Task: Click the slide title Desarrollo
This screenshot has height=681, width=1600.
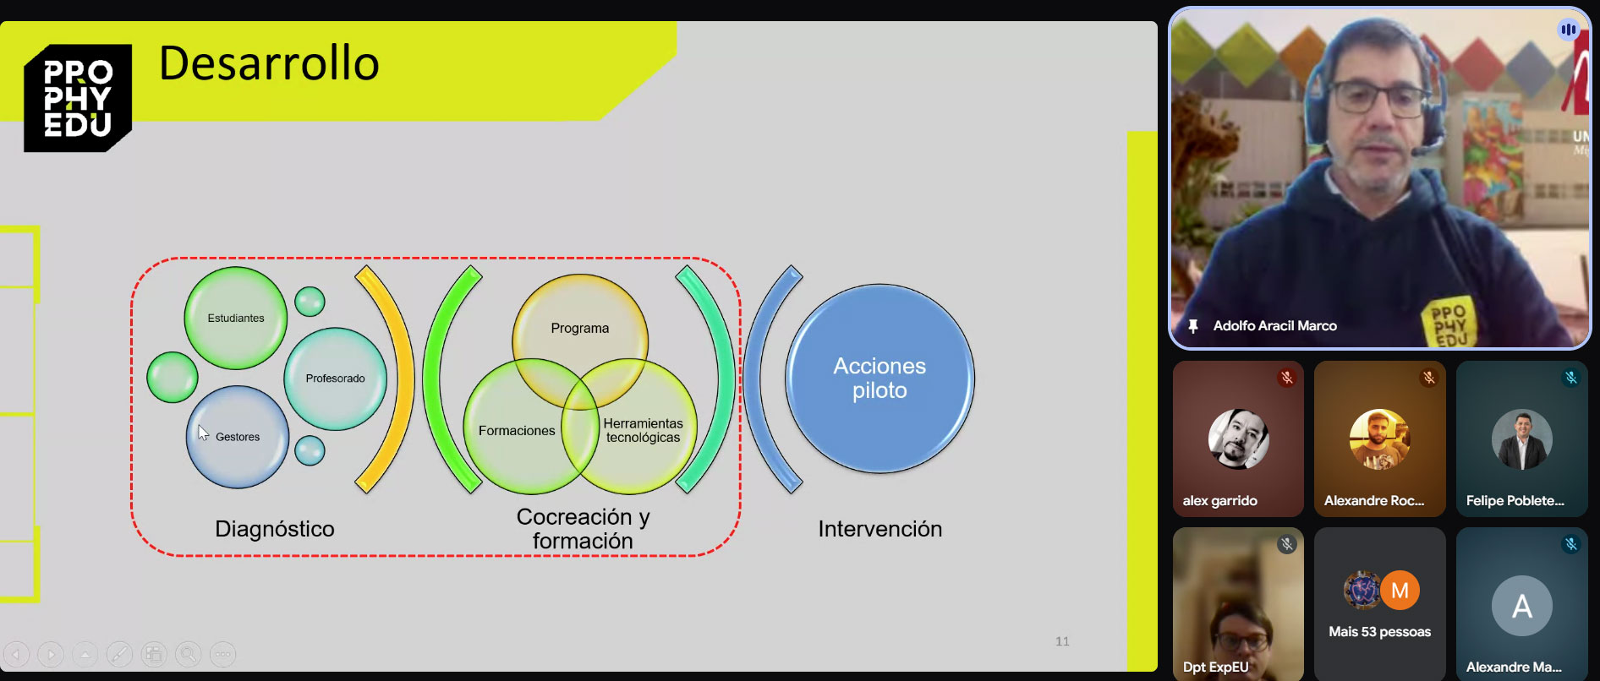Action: [269, 63]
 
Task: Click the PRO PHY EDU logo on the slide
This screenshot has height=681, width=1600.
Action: [78, 98]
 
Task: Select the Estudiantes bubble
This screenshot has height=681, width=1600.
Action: [236, 319]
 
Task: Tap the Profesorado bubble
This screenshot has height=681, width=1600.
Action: [335, 379]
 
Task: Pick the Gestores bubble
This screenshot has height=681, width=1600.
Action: [238, 437]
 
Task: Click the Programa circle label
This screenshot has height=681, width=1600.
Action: [580, 328]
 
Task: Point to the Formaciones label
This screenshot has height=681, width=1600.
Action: [517, 431]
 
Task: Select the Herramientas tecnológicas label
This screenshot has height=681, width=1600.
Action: [643, 430]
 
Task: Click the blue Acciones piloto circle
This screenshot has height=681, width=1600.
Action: [879, 379]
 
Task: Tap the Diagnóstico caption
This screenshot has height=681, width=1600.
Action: [275, 529]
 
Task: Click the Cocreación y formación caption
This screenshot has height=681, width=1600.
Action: [583, 529]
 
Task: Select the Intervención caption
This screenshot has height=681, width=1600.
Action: [879, 529]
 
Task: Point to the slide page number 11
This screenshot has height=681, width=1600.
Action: [1062, 641]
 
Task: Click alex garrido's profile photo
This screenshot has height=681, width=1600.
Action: [1238, 439]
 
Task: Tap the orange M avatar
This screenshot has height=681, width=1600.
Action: [1400, 591]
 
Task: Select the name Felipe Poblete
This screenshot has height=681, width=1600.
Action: [1515, 501]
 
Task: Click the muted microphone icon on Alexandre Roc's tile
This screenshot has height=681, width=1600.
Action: [1428, 378]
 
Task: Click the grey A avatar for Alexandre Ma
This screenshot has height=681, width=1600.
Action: [1521, 606]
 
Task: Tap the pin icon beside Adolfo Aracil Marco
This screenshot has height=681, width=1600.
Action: [1193, 326]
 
